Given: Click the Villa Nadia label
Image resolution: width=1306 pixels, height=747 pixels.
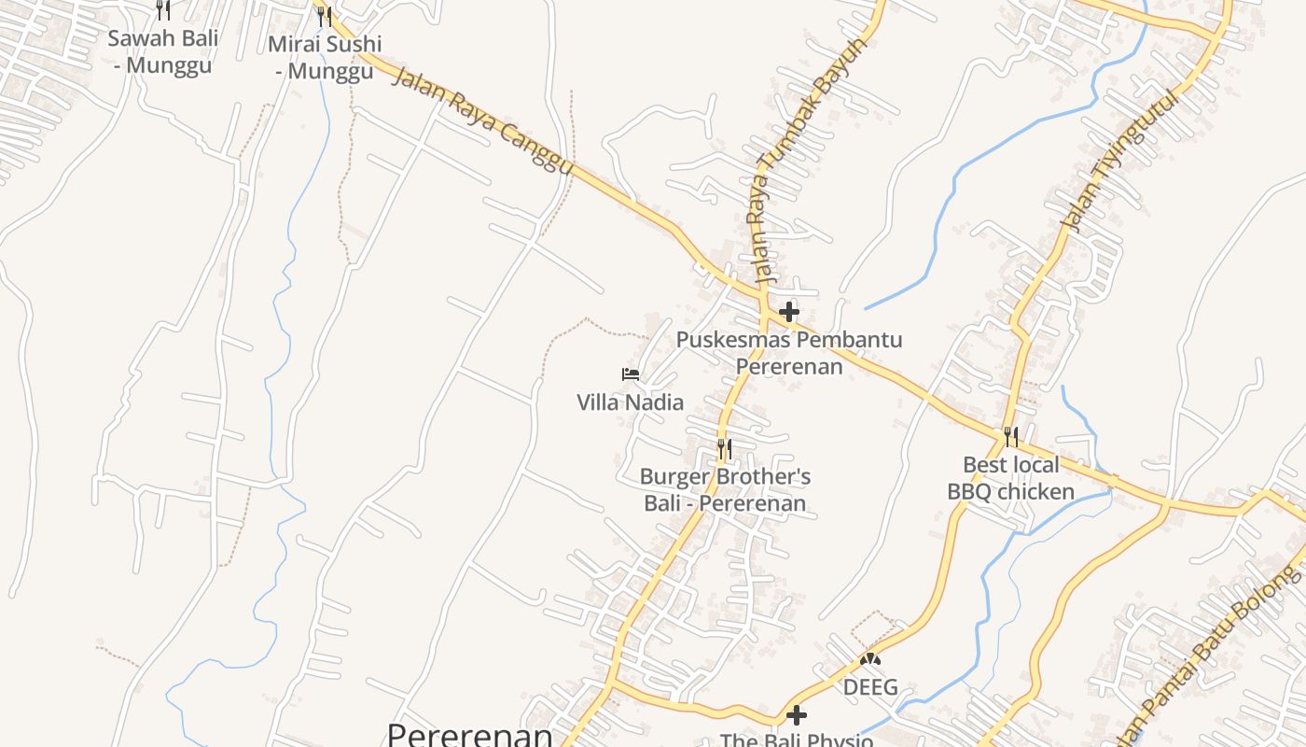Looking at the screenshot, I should point(630,402).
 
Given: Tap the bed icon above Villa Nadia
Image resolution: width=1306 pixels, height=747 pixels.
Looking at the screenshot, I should point(631,374).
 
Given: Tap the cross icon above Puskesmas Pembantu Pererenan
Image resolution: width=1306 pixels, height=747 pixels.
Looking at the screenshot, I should point(789,311).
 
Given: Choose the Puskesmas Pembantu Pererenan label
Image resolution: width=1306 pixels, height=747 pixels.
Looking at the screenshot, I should point(789,352).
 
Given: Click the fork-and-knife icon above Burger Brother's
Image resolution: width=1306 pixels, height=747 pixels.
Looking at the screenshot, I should point(724,449).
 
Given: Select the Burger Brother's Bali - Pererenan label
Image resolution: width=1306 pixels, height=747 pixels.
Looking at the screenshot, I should point(725,490).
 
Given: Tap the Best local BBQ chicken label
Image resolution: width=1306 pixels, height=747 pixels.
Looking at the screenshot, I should point(1011,478).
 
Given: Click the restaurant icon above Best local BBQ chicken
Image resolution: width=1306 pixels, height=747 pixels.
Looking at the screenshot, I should point(1010,436).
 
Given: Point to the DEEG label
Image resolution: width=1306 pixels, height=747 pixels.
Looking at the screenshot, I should point(870,688).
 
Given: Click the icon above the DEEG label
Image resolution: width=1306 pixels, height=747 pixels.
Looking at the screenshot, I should point(870,659).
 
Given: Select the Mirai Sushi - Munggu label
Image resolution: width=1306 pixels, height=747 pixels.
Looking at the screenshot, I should point(325,57).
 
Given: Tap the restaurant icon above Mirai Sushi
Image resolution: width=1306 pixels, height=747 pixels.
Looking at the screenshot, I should point(324,16).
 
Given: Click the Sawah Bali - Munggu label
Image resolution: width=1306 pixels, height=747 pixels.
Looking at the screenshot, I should point(163,51).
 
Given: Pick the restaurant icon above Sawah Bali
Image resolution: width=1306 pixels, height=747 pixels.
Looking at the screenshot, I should point(163,9).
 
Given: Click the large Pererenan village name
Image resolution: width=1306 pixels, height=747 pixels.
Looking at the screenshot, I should point(470,734).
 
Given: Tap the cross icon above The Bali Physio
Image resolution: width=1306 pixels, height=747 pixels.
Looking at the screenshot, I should point(797,715).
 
